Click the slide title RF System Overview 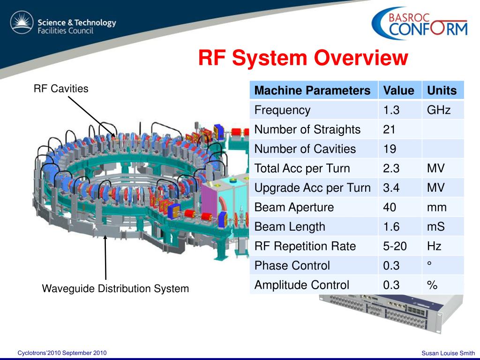coord(303,59)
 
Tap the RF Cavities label coord(61,88)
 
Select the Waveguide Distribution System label coord(115,288)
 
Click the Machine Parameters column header coord(312,90)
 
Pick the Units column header coord(442,90)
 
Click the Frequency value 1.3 coord(391,110)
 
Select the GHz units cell coord(439,110)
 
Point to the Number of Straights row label coord(307,129)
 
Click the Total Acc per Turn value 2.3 coord(391,168)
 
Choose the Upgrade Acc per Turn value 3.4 coord(391,188)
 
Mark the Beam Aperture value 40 coord(390,207)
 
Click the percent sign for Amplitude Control coord(432,285)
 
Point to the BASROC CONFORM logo coord(420,24)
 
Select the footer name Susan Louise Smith coord(448,353)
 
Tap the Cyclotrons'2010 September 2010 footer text coord(62,352)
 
